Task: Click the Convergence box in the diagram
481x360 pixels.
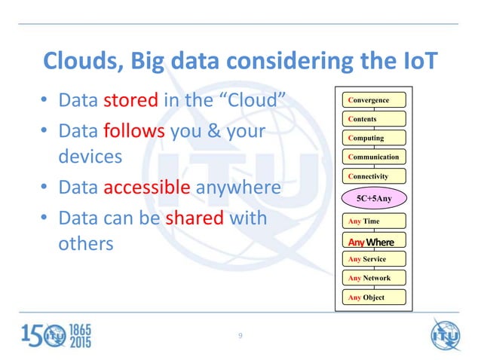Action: coord(373,100)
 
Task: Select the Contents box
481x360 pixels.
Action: coord(373,119)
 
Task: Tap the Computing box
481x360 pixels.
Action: coord(373,138)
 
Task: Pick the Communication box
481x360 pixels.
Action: coord(373,157)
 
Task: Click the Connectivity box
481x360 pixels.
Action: coord(373,176)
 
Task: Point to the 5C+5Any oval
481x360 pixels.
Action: coord(373,198)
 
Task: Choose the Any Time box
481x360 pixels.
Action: coord(373,221)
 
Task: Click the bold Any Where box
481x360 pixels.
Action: coord(373,241)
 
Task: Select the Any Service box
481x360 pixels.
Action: coord(373,259)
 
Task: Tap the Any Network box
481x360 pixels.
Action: coord(373,278)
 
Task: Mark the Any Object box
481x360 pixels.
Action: coord(373,297)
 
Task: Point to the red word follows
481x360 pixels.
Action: coord(132,131)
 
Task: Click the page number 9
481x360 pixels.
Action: coord(240,335)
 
